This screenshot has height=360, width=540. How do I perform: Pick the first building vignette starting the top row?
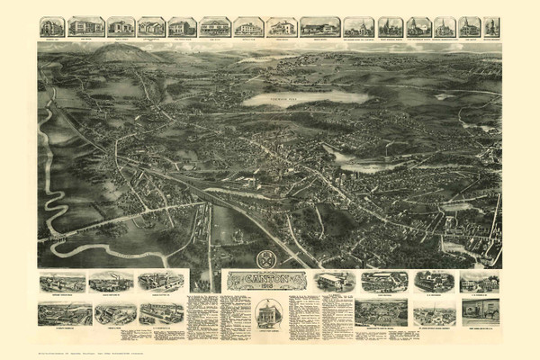click(52, 26)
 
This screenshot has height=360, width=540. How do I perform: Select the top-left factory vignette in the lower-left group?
click(62, 282)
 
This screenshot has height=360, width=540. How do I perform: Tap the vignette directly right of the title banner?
click(336, 282)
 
